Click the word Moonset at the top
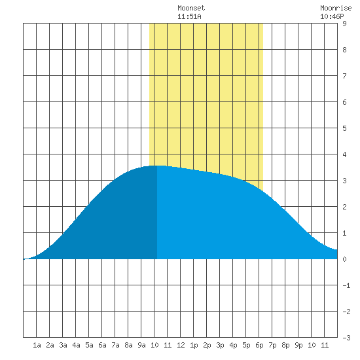[191, 8]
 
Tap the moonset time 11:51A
[189, 16]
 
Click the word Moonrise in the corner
[336, 8]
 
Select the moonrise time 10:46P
[332, 16]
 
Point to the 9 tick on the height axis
[344, 24]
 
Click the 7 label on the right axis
[344, 76]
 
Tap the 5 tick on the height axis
[344, 128]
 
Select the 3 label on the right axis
[344, 181]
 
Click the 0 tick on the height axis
[344, 259]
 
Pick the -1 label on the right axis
[346, 285]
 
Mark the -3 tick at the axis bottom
[346, 338]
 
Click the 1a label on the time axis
[37, 345]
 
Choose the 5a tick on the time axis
[89, 345]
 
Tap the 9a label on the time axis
[141, 345]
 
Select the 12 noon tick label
[181, 345]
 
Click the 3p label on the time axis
[220, 345]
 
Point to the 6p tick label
[259, 345]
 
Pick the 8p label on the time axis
[285, 345]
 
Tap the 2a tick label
[50, 345]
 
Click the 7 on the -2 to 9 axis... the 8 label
[344, 50]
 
